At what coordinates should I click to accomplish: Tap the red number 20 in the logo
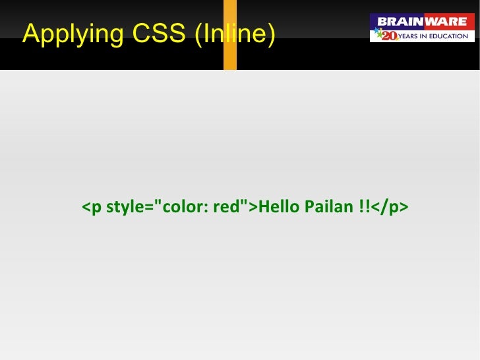point(389,36)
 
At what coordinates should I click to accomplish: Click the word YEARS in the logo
point(412,36)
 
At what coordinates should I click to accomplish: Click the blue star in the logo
point(377,30)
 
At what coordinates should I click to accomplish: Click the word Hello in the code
point(279,208)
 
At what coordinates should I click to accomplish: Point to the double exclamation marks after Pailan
point(364,208)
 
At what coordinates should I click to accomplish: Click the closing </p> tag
point(390,208)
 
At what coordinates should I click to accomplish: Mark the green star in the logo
point(378,38)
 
